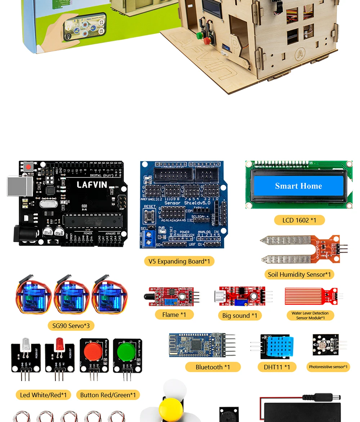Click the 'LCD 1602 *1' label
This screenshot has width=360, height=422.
299,220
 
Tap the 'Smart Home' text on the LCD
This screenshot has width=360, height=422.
298,186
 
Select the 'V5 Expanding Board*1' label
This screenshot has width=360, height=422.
179,261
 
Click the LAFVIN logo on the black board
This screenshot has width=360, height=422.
92,185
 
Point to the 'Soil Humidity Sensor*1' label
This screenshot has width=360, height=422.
299,274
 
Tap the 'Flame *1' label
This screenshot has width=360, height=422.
174,315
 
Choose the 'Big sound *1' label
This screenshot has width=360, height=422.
240,315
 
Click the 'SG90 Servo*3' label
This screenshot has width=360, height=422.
71,326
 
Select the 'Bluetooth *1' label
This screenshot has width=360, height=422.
213,367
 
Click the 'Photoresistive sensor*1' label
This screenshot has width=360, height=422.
328,367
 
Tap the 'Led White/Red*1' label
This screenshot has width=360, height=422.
43,395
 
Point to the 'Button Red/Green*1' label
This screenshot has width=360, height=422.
108,395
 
